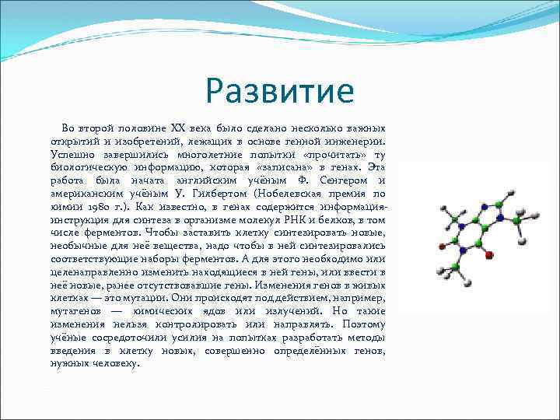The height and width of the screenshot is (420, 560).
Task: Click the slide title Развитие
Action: pos(280,91)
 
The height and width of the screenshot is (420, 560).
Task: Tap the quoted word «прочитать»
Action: pos(327,154)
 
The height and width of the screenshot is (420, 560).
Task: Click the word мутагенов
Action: pos(75,310)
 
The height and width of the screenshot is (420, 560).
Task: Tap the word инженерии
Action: pos(355,141)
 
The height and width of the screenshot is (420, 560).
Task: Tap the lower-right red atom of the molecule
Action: pos(488,254)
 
